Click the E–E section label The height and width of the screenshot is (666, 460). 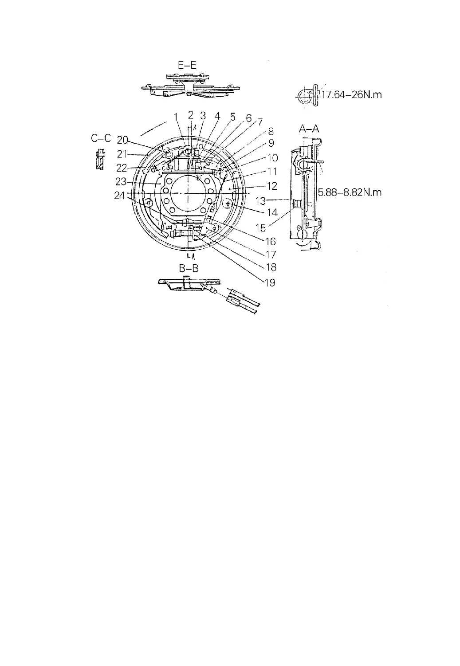[187, 65]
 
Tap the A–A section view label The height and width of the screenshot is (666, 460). [309, 129]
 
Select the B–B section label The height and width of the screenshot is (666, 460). [189, 268]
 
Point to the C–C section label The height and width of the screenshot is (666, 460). [101, 138]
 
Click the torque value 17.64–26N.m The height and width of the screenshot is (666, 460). [351, 94]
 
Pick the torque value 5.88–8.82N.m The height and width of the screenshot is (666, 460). [350, 192]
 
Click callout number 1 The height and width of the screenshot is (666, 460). [176, 117]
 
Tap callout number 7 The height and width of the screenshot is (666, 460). [259, 121]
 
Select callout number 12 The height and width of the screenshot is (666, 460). [272, 186]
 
